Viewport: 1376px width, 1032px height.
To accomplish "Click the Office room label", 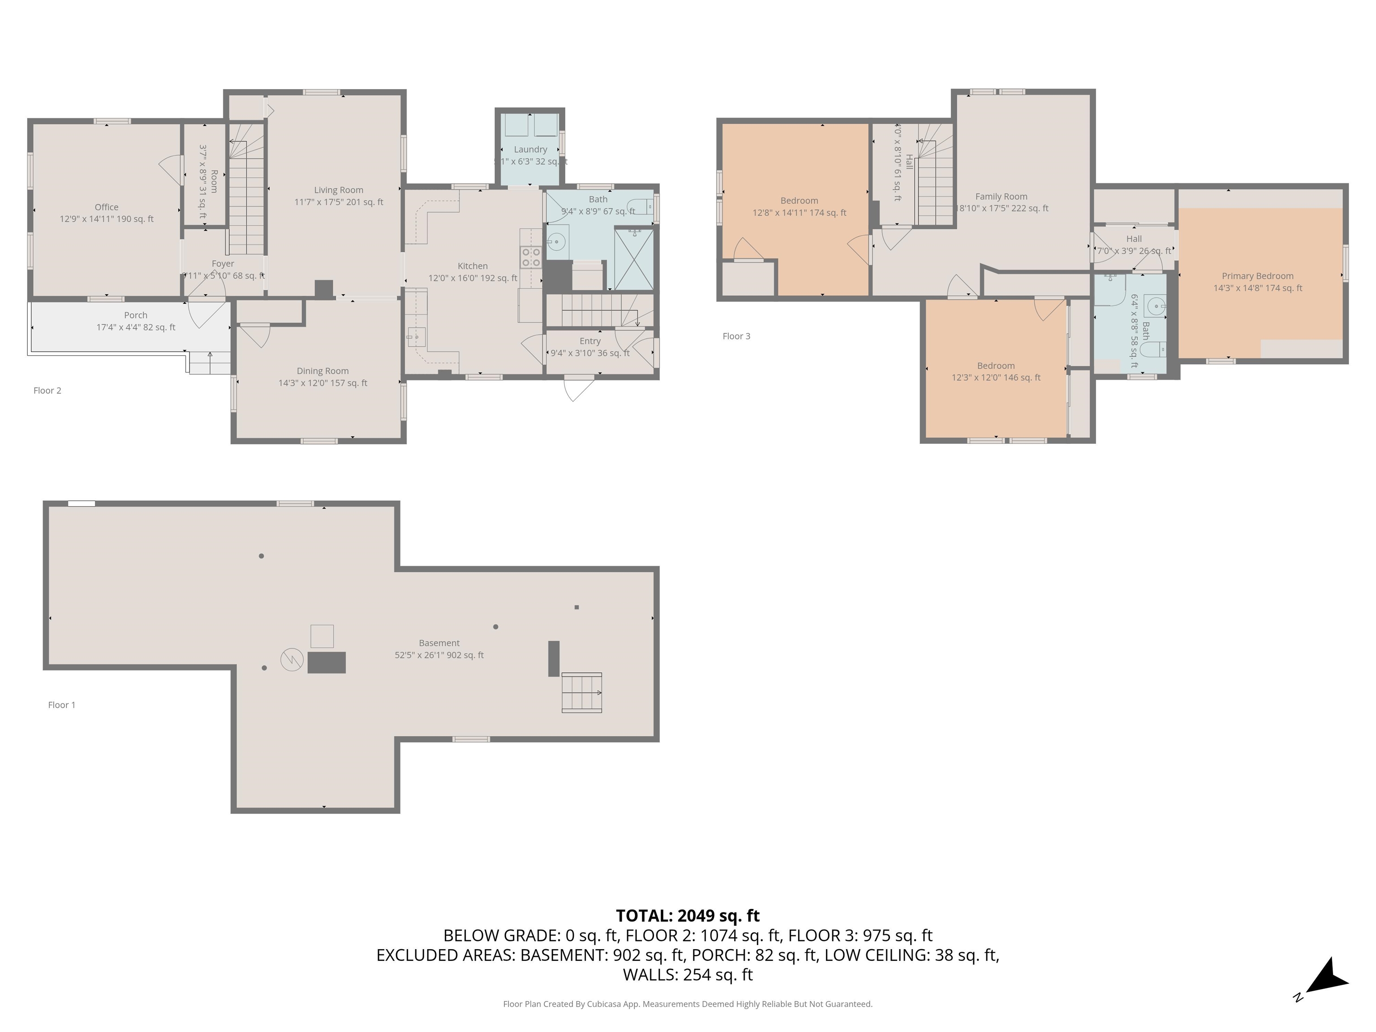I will (x=106, y=207).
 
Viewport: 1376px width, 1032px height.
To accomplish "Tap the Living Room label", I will (x=339, y=190).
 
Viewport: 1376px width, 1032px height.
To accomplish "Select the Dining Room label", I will (x=322, y=371).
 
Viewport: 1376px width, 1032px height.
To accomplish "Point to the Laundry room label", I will (x=530, y=149).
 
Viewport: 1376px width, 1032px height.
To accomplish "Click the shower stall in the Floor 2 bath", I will (x=634, y=259).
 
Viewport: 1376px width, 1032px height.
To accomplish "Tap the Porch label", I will (x=136, y=315).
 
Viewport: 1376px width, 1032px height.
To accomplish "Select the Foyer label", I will (x=222, y=264).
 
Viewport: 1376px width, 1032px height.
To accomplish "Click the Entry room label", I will (x=590, y=341).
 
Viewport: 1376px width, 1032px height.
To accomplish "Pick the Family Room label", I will (x=1001, y=197).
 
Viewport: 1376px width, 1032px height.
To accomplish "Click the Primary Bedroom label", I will (x=1257, y=276).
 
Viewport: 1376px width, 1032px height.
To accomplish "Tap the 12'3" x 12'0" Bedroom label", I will (x=995, y=366).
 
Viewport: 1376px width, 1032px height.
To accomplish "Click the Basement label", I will (x=439, y=643).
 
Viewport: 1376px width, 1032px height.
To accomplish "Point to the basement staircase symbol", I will (x=582, y=692).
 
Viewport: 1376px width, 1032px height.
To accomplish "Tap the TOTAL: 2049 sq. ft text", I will (x=688, y=916).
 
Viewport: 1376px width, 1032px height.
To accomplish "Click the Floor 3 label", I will (x=736, y=336).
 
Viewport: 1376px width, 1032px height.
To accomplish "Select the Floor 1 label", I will (x=61, y=705).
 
